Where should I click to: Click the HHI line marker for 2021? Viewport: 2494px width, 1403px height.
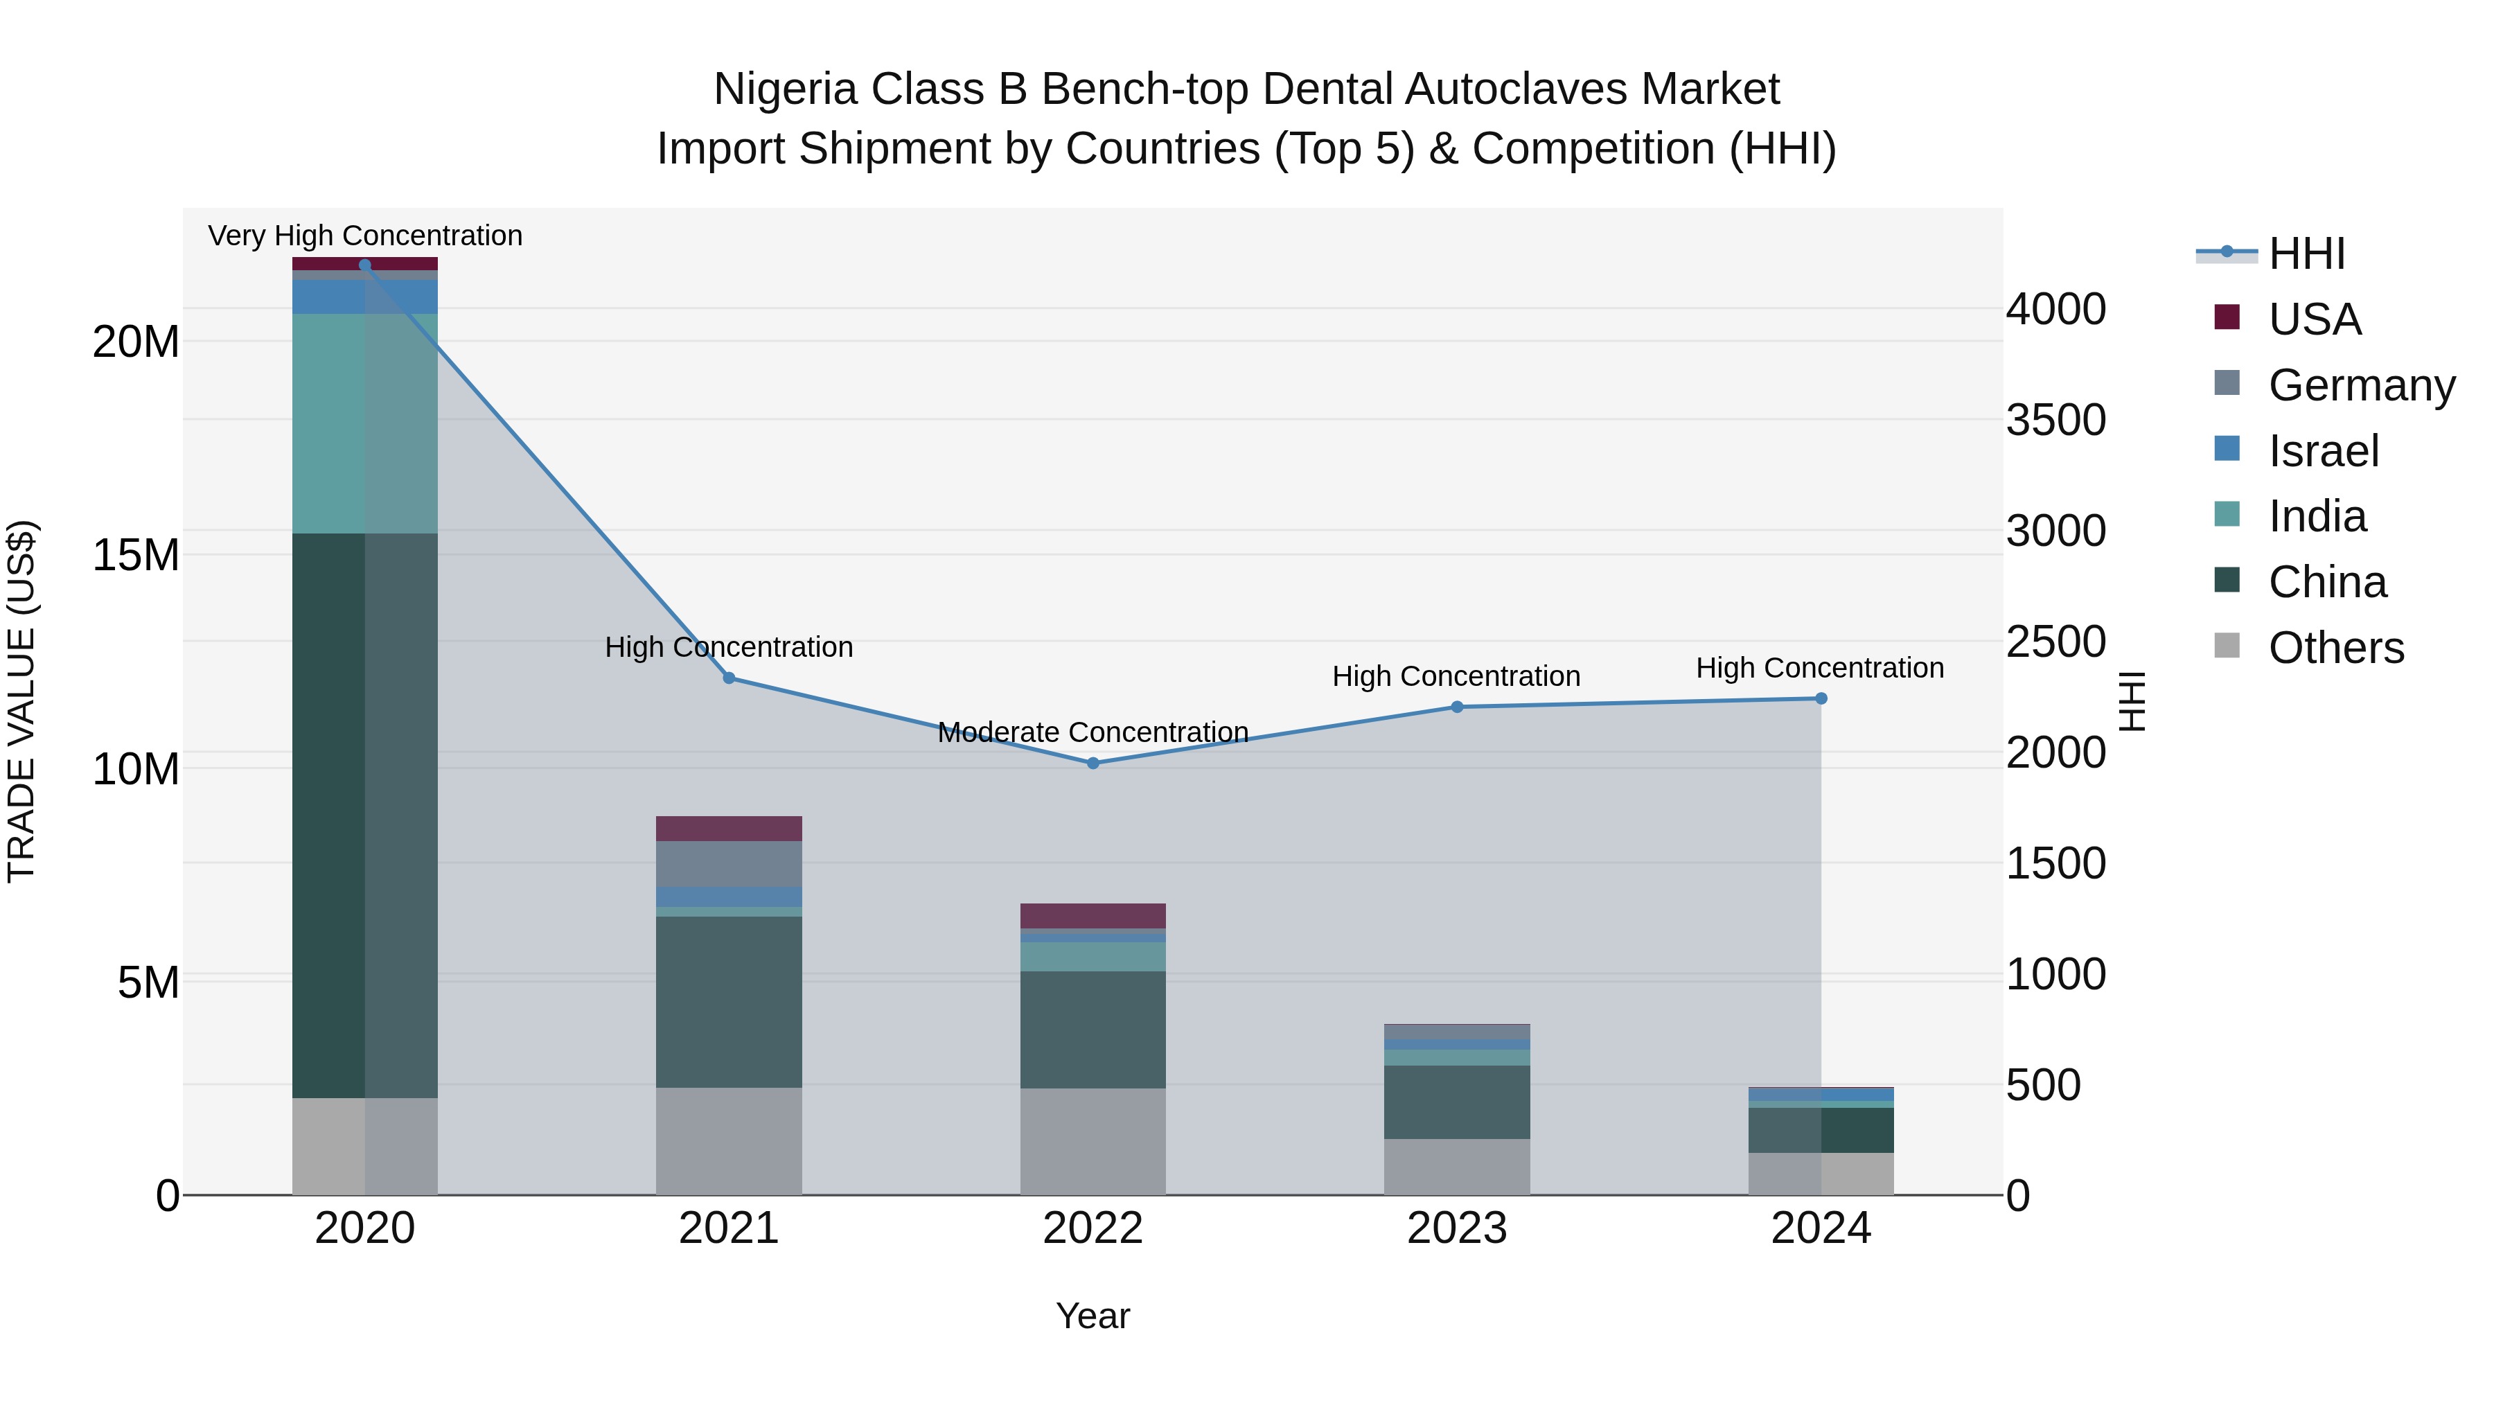pyautogui.click(x=729, y=678)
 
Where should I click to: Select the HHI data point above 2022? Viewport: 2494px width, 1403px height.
pyautogui.click(x=1093, y=763)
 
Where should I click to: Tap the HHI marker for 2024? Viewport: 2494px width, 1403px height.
pyautogui.click(x=1821, y=698)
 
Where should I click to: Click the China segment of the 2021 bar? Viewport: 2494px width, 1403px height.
pyautogui.click(x=729, y=1001)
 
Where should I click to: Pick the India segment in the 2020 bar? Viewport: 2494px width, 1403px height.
pyautogui.click(x=365, y=423)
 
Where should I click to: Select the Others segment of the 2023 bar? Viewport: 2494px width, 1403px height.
pyautogui.click(x=1457, y=1166)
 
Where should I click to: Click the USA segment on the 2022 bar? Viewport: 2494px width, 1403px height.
pyautogui.click(x=1093, y=916)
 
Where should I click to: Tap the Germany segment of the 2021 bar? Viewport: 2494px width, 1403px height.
pyautogui.click(x=729, y=864)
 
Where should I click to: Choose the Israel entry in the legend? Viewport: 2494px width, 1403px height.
pyautogui.click(x=2323, y=451)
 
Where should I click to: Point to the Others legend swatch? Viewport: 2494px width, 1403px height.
pyautogui.click(x=2227, y=646)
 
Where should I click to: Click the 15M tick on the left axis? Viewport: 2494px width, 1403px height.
pyautogui.click(x=136, y=556)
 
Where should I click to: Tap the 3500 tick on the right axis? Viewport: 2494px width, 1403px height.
pyautogui.click(x=2055, y=421)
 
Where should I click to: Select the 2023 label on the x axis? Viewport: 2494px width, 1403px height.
pyautogui.click(x=1457, y=1228)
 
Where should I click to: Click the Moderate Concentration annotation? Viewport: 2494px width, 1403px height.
pyautogui.click(x=1093, y=732)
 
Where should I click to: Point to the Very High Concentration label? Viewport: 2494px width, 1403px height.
pyautogui.click(x=365, y=236)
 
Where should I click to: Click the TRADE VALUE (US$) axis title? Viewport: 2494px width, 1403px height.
pyautogui.click(x=21, y=701)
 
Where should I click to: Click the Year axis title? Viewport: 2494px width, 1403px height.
pyautogui.click(x=1093, y=1316)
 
